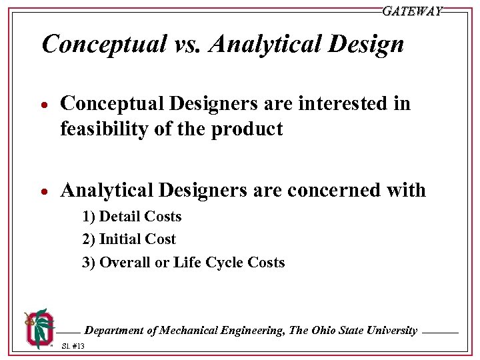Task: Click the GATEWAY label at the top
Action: [x=412, y=11]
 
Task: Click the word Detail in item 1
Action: [x=121, y=217]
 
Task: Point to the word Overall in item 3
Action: [x=125, y=262]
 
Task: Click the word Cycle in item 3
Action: [x=224, y=262]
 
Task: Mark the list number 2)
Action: [x=89, y=239]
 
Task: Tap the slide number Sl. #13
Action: [x=72, y=347]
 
